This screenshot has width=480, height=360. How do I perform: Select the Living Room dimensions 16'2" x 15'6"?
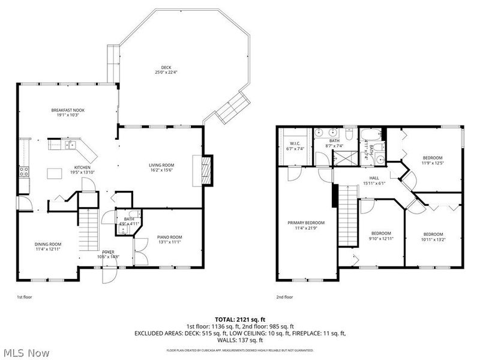coord(161,170)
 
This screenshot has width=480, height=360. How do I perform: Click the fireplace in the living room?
coord(205,170)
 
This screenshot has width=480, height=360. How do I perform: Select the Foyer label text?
coord(108,251)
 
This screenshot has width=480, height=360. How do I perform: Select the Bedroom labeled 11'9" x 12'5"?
coord(432,157)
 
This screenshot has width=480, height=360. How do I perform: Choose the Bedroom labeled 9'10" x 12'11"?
coord(380,233)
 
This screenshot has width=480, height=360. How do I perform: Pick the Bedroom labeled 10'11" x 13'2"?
coord(433,234)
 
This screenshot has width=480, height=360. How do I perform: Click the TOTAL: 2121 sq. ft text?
coord(239,319)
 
